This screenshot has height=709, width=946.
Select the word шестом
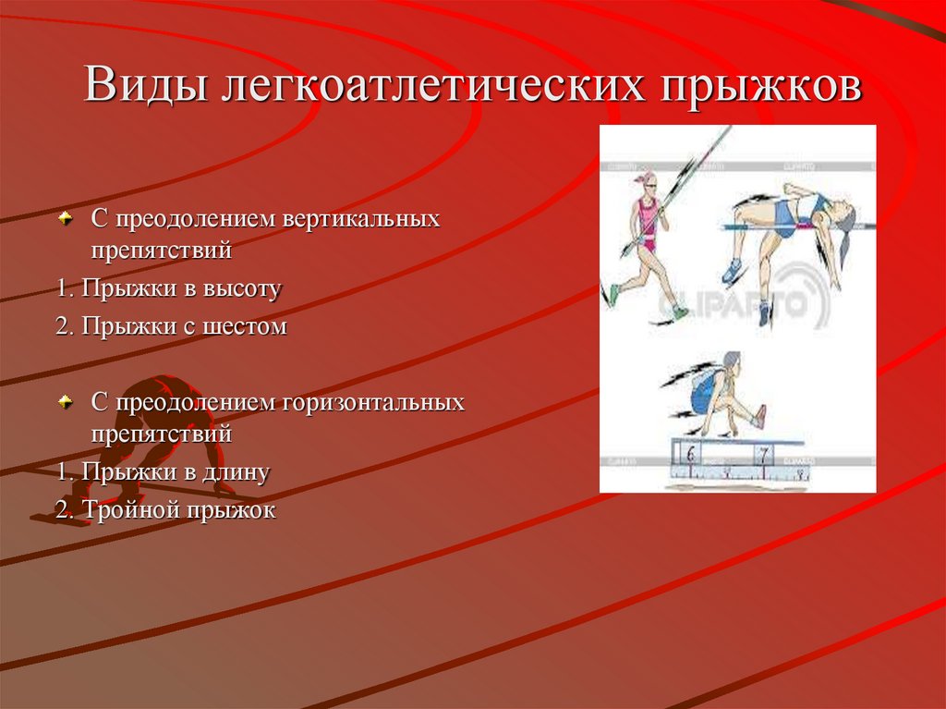247,326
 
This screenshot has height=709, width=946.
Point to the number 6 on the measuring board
690,453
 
